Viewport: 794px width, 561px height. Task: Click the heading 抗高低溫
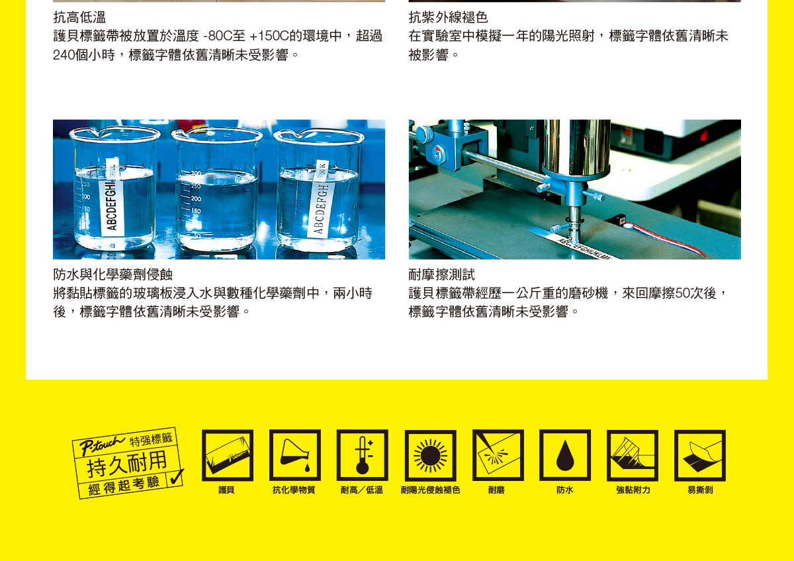coord(79,17)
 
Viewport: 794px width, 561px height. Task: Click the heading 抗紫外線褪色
coord(448,17)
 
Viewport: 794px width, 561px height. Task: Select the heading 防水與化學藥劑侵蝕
coord(112,275)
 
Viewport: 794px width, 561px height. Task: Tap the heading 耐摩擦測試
coord(442,275)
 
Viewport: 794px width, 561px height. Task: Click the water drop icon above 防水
coord(565,455)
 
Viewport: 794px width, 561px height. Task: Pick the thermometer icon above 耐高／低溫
coord(363,455)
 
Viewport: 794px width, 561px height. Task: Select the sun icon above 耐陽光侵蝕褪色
coord(430,456)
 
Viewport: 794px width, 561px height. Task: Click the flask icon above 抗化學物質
coord(295,455)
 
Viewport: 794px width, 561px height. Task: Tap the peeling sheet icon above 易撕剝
coord(700,456)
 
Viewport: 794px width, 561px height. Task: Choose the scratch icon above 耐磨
coord(498,455)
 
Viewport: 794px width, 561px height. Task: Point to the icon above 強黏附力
coord(633,456)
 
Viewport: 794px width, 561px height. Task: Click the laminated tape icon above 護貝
coord(228,455)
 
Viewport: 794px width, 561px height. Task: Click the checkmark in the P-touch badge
coord(177,477)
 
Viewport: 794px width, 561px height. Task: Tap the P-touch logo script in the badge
coord(102,445)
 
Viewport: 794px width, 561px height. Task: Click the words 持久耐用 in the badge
coord(127,464)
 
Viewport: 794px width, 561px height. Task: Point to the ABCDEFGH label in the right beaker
coord(320,198)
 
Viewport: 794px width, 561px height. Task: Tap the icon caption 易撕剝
coord(700,490)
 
